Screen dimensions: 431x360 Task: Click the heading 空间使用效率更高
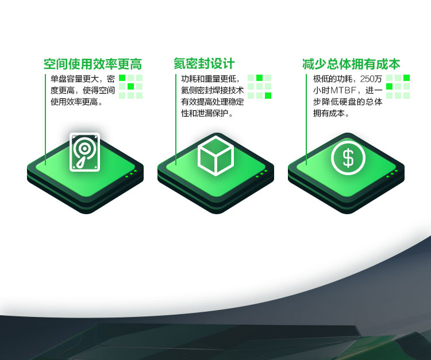pyautogui.click(x=93, y=64)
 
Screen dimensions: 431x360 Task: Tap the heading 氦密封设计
pyautogui.click(x=204, y=64)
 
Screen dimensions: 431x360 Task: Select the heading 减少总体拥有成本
pyautogui.click(x=351, y=64)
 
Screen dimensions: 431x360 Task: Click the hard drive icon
pyautogui.click(x=84, y=152)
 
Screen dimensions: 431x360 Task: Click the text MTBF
pyautogui.click(x=343, y=90)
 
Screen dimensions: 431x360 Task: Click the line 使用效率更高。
pyautogui.click(x=76, y=102)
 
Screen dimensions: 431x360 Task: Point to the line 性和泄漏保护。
pyautogui.click(x=207, y=113)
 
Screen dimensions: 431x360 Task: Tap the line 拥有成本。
pyautogui.click(x=331, y=113)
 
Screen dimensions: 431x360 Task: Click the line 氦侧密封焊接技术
pyautogui.click(x=212, y=90)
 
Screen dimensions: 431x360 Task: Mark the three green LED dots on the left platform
pyautogui.click(x=131, y=173)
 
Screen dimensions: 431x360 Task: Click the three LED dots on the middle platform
pyautogui.click(x=261, y=173)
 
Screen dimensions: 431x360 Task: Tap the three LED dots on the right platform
pyautogui.click(x=392, y=173)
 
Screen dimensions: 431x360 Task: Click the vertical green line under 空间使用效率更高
pyautogui.click(x=45, y=119)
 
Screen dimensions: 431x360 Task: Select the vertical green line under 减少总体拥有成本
pyautogui.click(x=306, y=119)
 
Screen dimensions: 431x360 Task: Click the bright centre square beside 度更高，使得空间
pyautogui.click(x=131, y=87)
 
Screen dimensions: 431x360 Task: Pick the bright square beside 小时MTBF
pyautogui.click(x=389, y=87)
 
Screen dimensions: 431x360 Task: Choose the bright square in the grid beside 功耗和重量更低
pyautogui.click(x=260, y=78)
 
